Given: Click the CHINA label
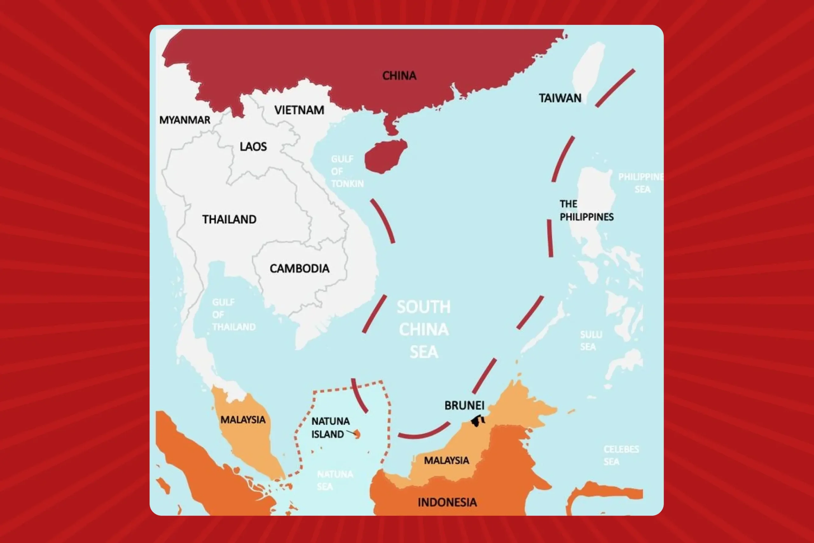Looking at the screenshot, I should point(399,75).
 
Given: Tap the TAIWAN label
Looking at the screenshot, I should point(560,98).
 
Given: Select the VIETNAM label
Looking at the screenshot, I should point(299,110).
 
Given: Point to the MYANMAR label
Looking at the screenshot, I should point(184,120).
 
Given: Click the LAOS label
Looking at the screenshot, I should point(253,146).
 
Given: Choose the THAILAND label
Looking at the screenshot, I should point(229,219).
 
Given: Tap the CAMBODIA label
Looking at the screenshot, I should point(299,268).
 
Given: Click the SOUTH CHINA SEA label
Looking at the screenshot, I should point(424,329).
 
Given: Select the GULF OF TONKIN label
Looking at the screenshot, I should point(347,171).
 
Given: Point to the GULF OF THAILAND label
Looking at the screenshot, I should point(234,314).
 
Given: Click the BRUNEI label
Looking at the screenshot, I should point(464,405).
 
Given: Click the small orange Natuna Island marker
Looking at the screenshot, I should point(357,434).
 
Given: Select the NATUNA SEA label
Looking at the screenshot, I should point(334,480).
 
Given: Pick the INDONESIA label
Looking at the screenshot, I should point(447,502).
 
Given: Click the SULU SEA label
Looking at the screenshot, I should point(591,340).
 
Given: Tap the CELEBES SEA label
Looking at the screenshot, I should point(621,455).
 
